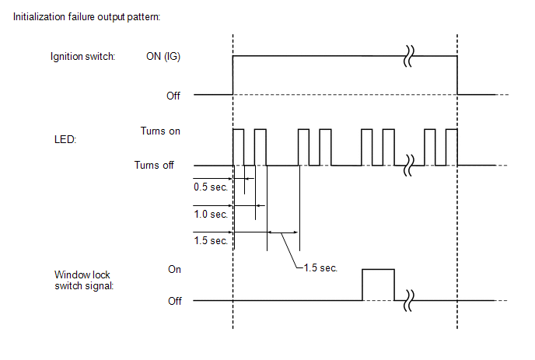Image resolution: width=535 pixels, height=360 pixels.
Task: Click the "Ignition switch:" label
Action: (82, 56)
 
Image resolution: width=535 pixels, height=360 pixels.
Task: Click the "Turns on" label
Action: (160, 131)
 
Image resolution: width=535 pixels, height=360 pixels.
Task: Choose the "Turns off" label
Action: (154, 165)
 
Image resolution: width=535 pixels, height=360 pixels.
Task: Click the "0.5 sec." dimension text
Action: (211, 187)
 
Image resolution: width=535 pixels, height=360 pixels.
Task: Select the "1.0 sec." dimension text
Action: (211, 214)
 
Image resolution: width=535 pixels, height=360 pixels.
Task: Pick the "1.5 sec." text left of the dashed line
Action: (211, 241)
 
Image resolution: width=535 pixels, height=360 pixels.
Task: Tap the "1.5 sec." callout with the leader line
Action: (320, 268)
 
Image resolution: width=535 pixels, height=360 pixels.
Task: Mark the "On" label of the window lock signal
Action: (174, 269)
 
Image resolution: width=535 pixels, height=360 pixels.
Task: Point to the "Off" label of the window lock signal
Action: (174, 301)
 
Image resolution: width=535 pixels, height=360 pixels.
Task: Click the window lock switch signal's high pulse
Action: (378, 270)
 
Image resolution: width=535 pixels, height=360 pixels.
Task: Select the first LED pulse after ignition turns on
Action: (239, 147)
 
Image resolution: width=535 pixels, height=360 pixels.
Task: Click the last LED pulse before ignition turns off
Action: (450, 147)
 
